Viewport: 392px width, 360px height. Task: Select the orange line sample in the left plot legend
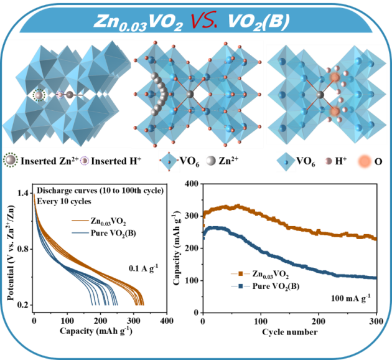80,220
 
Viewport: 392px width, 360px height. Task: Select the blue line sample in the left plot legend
80,233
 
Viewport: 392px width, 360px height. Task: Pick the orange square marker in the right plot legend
240,273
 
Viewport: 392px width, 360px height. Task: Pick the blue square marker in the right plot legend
240,286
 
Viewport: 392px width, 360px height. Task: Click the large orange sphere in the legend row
365,161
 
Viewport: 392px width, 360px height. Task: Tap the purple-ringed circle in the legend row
85,161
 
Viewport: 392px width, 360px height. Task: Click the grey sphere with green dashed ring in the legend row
11,161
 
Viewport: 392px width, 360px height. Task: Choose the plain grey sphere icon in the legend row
211,161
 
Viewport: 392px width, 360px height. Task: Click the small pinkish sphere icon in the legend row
328,161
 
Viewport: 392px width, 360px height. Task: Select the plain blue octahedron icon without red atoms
286,161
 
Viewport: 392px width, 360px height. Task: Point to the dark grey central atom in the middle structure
190,94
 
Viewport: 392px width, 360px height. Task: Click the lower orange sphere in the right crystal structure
334,111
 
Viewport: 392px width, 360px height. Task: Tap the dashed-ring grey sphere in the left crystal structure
39,95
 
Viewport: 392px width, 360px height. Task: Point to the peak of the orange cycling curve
236,205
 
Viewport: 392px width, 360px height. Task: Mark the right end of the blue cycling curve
375,278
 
